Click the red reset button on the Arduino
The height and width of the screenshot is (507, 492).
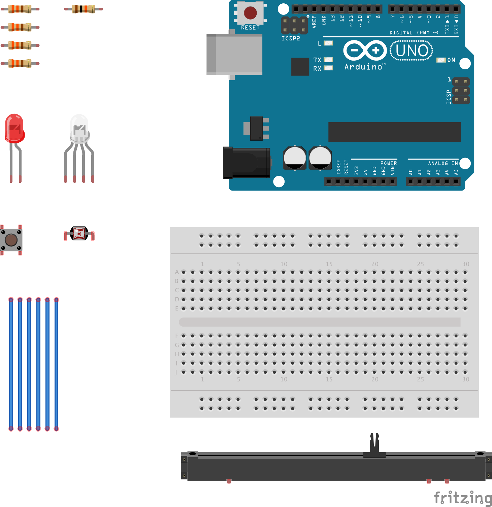click(x=250, y=13)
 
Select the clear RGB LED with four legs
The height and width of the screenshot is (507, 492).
click(x=79, y=130)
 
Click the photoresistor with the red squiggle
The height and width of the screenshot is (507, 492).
click(x=79, y=233)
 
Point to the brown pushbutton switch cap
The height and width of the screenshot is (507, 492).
click(x=11, y=240)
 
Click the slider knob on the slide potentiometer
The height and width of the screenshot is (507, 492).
click(x=374, y=444)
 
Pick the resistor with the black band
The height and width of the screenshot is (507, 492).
click(x=84, y=9)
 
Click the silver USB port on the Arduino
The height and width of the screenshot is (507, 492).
click(x=235, y=54)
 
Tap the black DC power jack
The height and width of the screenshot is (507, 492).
click(x=247, y=163)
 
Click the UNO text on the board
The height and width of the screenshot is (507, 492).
click(x=412, y=51)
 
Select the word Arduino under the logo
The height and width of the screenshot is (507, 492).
click(x=363, y=67)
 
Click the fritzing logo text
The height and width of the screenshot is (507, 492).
click(x=463, y=498)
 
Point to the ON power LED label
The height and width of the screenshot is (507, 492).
click(x=451, y=60)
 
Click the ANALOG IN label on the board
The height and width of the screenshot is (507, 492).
click(x=443, y=163)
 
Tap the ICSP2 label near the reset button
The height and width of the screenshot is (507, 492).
click(x=291, y=38)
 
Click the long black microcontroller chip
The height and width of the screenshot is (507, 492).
click(x=394, y=132)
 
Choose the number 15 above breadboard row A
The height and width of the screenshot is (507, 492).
click(x=329, y=264)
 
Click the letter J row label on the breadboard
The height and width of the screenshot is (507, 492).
click(x=176, y=372)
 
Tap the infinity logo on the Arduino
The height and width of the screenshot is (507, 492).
click(x=365, y=50)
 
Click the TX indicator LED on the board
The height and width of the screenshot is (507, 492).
click(x=328, y=60)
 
